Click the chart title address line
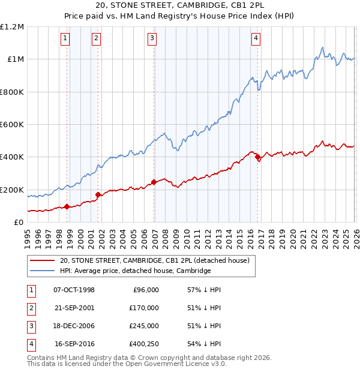pos(179,5)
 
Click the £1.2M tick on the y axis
pos(12,27)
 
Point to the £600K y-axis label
pos(12,125)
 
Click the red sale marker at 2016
pos(257,157)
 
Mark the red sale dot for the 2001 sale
pos(98,194)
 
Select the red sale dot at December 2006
pos(154,182)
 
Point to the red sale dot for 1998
pos(67,206)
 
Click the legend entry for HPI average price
pos(135,271)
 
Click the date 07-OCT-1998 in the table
pos(74,290)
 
